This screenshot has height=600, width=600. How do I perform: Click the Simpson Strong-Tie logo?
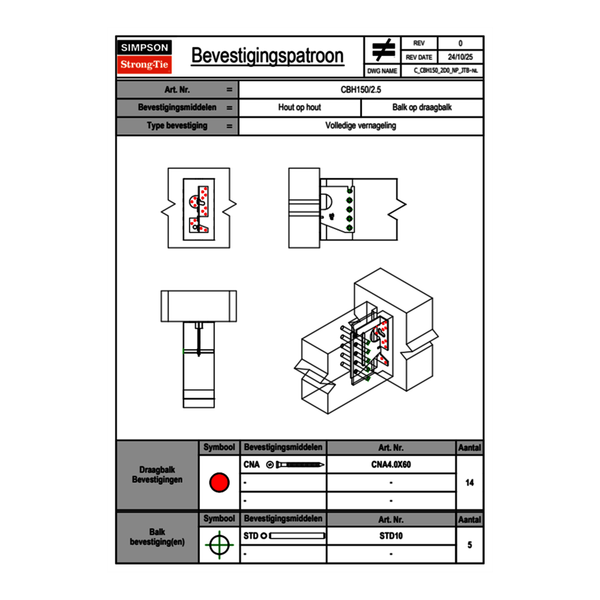[145, 57]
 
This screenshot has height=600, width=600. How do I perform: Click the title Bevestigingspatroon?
[267, 56]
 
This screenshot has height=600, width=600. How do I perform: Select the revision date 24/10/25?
[460, 57]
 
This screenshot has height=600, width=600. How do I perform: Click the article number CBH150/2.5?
[361, 89]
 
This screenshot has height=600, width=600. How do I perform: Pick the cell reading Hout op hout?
[299, 108]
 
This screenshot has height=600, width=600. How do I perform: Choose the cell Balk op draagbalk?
[422, 108]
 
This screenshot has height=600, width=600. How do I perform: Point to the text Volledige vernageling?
[361, 126]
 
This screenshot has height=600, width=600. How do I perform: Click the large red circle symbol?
[219, 483]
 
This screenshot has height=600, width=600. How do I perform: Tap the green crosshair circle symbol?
[219, 545]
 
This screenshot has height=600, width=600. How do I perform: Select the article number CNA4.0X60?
[391, 465]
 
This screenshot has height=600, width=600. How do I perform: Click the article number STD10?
[391, 536]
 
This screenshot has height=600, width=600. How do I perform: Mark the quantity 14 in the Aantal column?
[469, 483]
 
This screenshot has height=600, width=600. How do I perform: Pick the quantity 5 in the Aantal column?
[469, 545]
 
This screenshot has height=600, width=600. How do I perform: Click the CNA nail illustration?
[296, 465]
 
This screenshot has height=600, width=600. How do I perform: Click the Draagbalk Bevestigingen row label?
[157, 475]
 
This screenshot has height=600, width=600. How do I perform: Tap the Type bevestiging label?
[177, 126]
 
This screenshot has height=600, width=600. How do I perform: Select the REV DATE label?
[419, 57]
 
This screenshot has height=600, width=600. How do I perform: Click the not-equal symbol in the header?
[383, 50]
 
